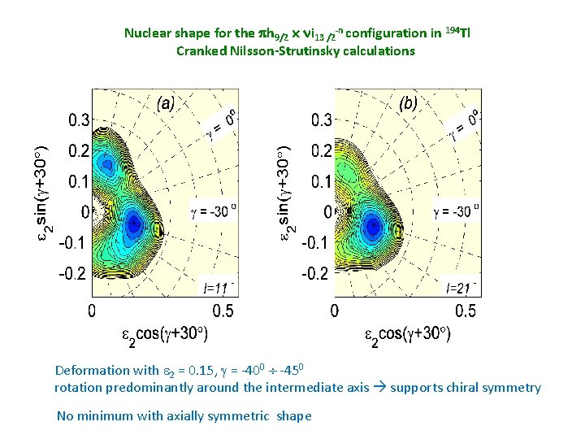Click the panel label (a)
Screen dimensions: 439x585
click(x=166, y=103)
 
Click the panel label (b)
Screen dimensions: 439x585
click(x=409, y=103)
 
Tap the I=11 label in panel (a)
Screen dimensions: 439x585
click(x=219, y=288)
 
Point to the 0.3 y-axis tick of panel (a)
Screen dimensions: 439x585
click(x=79, y=120)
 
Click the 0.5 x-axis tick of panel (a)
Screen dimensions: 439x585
click(x=223, y=311)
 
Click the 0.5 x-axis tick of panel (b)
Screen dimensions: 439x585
click(x=466, y=311)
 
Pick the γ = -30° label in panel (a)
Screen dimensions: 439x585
click(x=213, y=211)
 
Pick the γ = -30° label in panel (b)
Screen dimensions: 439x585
click(x=456, y=211)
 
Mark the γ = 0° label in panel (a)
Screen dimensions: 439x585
click(x=222, y=123)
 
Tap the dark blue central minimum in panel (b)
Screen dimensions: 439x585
click(x=373, y=225)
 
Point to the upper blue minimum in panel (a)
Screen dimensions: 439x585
click(x=106, y=164)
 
